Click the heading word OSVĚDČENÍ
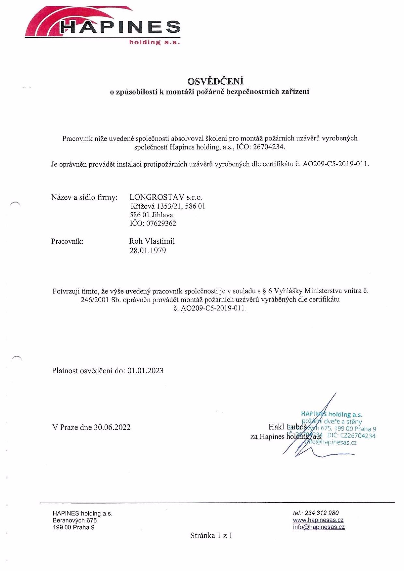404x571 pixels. coord(215,81)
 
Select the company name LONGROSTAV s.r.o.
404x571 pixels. coord(166,197)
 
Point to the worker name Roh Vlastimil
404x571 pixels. coord(152,241)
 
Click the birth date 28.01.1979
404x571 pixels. coord(148,250)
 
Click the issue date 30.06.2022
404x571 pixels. coord(112,427)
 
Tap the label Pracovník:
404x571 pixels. coord(67,241)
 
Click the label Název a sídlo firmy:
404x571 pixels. coord(84,197)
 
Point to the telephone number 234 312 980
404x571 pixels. coord(322,513)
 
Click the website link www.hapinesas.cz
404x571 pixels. coord(318,520)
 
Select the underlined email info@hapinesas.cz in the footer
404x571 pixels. coord(319,527)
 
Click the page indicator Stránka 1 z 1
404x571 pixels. coord(211,535)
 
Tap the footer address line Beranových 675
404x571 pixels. coord(75,521)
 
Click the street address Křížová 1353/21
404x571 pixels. coord(156,206)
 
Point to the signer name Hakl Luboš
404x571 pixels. coord(287,427)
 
